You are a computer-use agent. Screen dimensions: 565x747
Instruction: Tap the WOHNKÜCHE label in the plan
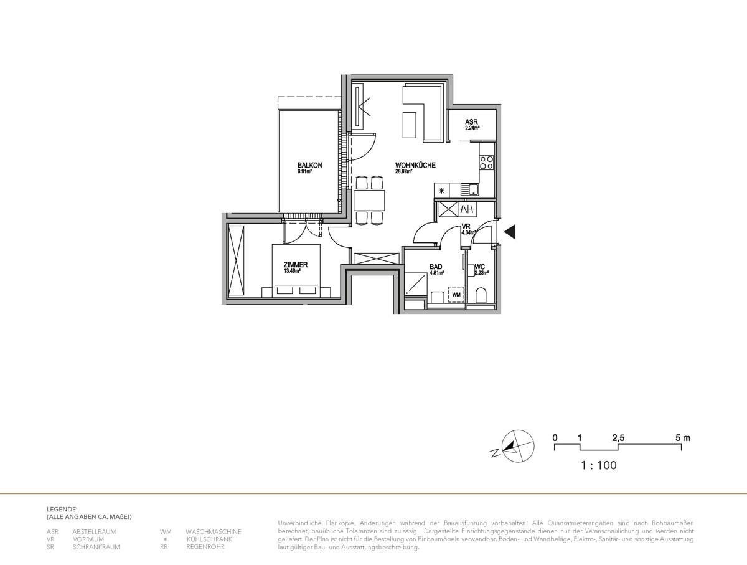(x=415, y=165)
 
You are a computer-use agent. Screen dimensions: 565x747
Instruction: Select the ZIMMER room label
(x=296, y=265)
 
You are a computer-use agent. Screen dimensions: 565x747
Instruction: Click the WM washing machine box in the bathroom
(x=456, y=294)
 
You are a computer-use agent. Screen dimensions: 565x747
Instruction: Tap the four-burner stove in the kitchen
(x=486, y=162)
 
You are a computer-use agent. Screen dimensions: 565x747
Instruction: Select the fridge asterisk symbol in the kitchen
(x=442, y=191)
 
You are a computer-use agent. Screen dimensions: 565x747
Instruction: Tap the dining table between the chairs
(x=369, y=200)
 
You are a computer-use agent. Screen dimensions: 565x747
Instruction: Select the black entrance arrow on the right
(x=510, y=232)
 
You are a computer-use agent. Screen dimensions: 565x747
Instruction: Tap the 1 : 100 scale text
(x=598, y=465)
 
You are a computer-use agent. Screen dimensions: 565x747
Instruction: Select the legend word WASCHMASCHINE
(x=213, y=531)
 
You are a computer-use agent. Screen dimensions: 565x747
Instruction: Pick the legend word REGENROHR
(x=205, y=546)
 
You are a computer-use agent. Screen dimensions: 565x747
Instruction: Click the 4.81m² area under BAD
(x=436, y=272)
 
